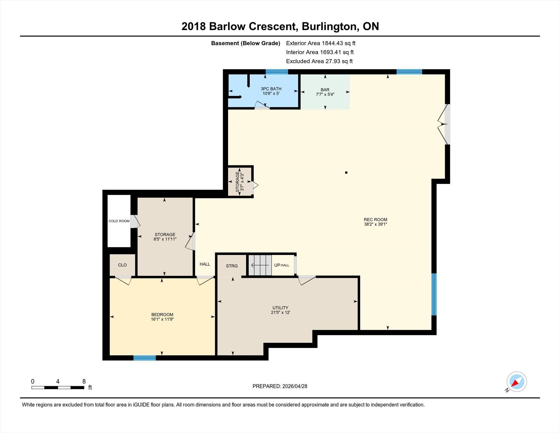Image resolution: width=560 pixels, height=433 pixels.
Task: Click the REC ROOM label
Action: pyautogui.click(x=375, y=219)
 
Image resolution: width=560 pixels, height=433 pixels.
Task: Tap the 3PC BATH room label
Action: pyautogui.click(x=271, y=89)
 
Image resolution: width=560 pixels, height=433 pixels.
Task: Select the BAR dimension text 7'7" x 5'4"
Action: pyautogui.click(x=325, y=94)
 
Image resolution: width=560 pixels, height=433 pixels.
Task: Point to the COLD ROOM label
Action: pyautogui.click(x=119, y=221)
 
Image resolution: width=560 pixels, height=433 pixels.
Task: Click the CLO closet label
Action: pyautogui.click(x=122, y=265)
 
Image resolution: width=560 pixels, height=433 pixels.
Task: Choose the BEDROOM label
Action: pyautogui.click(x=162, y=315)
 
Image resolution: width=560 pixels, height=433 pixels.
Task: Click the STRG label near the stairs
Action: pyautogui.click(x=232, y=266)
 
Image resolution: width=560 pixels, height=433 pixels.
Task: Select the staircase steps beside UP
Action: pyautogui.click(x=260, y=265)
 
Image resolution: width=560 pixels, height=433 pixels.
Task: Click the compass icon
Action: pyautogui.click(x=517, y=382)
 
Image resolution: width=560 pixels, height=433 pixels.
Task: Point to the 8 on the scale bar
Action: pyautogui.click(x=84, y=381)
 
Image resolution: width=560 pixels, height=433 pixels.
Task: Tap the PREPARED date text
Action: pyautogui.click(x=280, y=386)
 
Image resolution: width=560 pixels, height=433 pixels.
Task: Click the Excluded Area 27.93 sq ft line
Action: pyautogui.click(x=319, y=61)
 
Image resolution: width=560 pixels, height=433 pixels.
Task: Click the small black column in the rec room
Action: pyautogui.click(x=346, y=173)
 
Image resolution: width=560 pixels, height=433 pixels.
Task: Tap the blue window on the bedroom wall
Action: pyautogui.click(x=145, y=358)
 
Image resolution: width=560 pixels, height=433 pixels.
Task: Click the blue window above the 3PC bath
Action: pyautogui.click(x=277, y=72)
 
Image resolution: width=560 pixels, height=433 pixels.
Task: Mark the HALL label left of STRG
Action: pyautogui.click(x=205, y=264)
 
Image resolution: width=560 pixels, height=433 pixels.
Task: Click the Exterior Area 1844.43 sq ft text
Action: pyautogui.click(x=321, y=43)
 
